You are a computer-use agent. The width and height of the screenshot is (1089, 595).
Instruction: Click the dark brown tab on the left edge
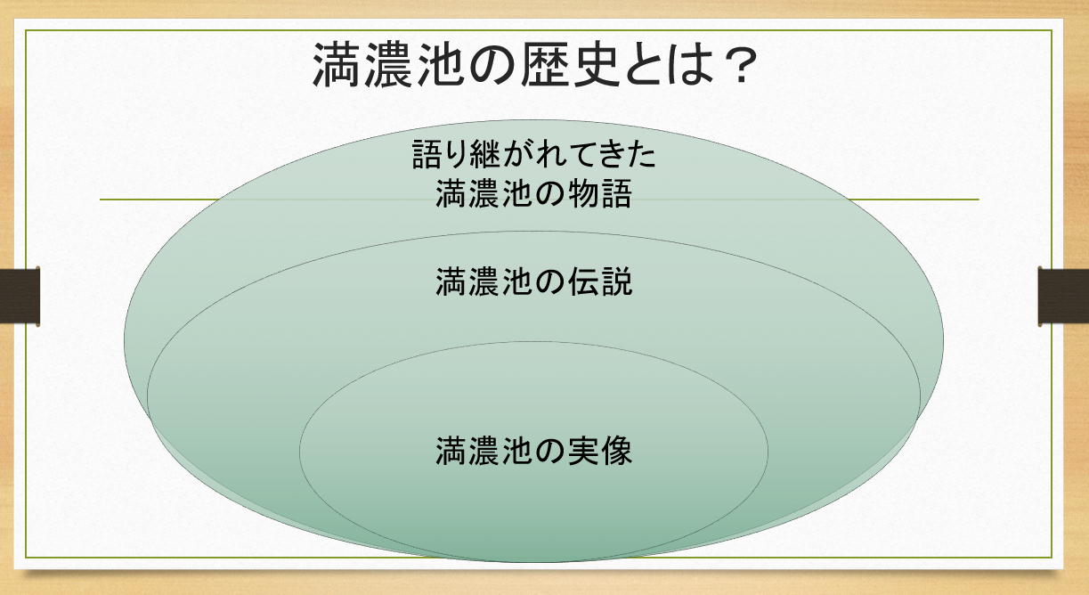(20, 297)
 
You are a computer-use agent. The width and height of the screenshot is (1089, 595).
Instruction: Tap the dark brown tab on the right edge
(1064, 297)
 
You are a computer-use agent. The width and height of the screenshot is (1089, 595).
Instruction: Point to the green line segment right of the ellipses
(913, 200)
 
